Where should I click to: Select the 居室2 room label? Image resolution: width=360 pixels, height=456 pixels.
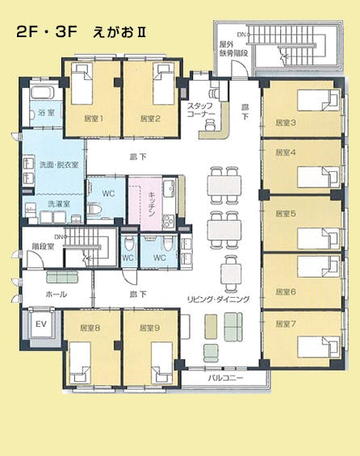[x=150, y=119]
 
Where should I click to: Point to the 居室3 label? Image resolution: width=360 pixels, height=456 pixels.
[x=286, y=123]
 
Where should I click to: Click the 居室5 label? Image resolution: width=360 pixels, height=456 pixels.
[x=286, y=214]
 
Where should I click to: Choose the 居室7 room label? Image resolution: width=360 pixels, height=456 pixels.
[x=286, y=324]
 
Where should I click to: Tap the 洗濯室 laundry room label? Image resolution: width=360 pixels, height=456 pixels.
[x=59, y=203]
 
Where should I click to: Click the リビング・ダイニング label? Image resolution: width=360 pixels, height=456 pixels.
[x=218, y=298]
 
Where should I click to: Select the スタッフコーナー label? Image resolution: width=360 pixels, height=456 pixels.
[x=201, y=110]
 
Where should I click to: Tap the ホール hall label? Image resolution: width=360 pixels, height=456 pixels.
[x=57, y=294]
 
